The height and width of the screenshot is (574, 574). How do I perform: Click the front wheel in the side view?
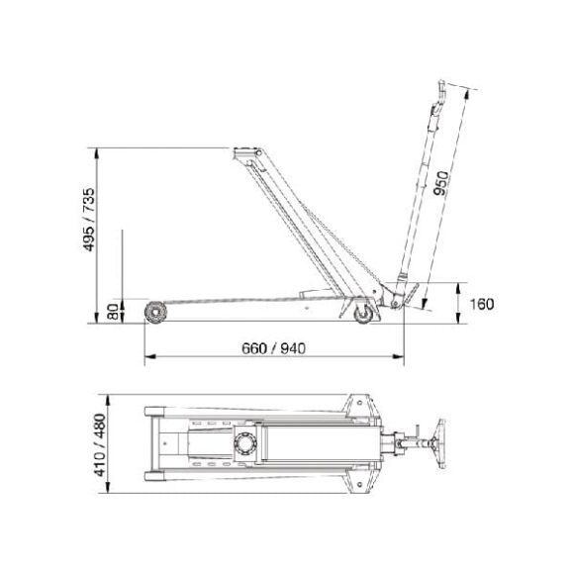click(155, 314)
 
